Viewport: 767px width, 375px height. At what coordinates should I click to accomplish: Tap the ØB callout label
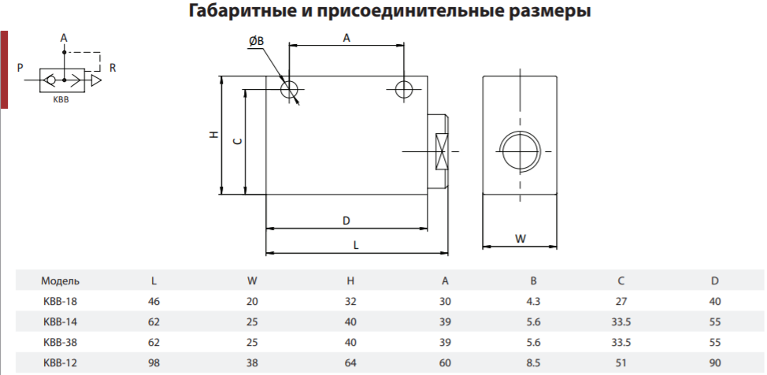click(256, 42)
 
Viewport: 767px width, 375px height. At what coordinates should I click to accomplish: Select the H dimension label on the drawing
click(213, 135)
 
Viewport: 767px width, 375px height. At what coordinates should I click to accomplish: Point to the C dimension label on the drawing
click(237, 142)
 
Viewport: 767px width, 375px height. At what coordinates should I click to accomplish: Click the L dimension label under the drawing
click(356, 245)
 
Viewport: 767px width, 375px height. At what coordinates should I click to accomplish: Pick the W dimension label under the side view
click(521, 239)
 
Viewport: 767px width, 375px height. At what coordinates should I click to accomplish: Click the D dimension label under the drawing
click(346, 221)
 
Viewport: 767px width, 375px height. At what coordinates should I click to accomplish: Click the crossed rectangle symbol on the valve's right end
click(441, 152)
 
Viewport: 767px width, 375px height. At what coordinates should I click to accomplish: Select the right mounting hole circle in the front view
click(404, 89)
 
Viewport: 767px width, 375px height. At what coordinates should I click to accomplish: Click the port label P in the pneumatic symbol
click(20, 68)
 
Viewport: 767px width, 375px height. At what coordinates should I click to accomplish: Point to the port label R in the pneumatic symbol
click(113, 68)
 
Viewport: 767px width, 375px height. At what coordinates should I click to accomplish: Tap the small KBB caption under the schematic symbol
click(61, 100)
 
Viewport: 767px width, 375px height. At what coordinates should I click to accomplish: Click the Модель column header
click(60, 281)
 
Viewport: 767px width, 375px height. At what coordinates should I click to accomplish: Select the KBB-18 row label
click(60, 301)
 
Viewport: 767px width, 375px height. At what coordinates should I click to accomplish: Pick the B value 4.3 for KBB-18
click(534, 301)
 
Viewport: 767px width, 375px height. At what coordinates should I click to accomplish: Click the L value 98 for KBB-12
click(154, 363)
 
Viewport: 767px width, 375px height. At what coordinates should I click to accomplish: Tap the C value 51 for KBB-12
click(621, 363)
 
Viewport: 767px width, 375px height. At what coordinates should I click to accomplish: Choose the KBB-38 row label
click(60, 342)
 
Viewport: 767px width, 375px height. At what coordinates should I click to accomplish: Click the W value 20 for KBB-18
click(252, 301)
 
